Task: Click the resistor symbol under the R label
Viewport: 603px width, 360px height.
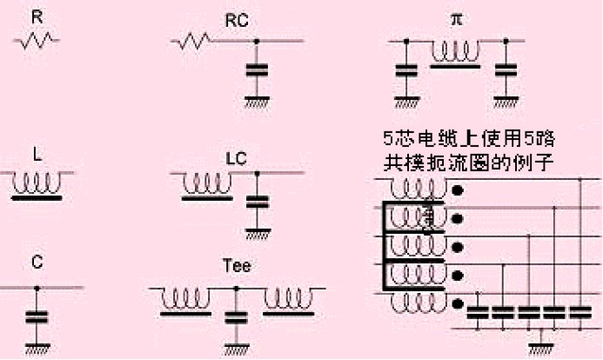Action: pos(37,40)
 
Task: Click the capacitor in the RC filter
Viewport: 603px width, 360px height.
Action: pos(256,70)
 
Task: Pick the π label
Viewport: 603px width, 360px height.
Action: pos(456,18)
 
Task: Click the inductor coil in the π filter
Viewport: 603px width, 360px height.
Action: pos(455,53)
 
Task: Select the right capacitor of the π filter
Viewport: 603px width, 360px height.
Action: pos(504,72)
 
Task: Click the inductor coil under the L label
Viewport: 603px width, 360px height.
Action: pos(37,183)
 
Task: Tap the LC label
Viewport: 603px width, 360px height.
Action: pos(236,158)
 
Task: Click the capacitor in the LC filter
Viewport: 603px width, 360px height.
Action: pos(256,203)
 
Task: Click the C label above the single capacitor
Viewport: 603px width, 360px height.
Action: pos(37,258)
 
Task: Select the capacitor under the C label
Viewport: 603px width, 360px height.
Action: pos(37,316)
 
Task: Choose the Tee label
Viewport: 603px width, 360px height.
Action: pos(236,266)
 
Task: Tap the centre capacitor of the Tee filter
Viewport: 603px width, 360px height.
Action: pos(234,316)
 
